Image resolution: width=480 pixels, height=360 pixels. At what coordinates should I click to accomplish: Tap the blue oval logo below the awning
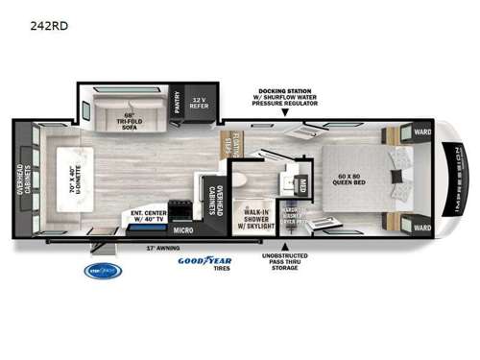point(102,271)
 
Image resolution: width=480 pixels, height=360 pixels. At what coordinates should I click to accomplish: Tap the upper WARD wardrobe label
point(420,132)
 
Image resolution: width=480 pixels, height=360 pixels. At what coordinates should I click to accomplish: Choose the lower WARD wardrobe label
point(420,227)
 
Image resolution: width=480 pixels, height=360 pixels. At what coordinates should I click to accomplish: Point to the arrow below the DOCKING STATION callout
point(287,111)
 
